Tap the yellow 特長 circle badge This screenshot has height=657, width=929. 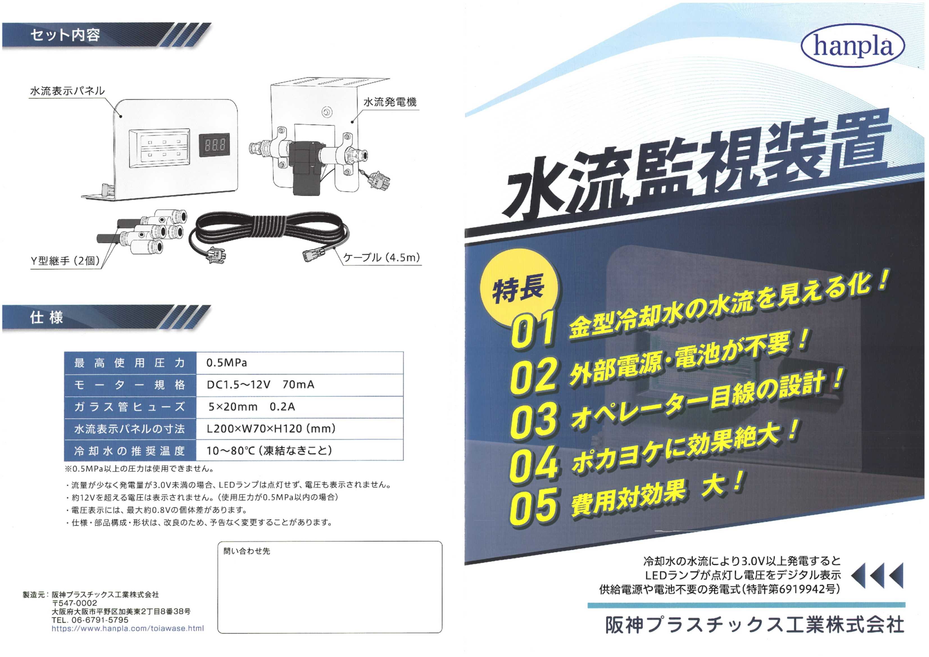click(519, 288)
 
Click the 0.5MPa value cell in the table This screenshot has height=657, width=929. click(299, 363)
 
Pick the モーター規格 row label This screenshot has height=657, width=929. click(130, 385)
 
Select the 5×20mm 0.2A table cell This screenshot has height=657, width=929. click(299, 407)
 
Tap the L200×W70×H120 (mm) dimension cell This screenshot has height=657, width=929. click(299, 429)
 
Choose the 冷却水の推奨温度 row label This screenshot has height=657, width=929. click(130, 450)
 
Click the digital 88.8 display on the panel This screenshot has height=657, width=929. click(214, 144)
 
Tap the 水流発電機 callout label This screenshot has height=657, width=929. click(390, 102)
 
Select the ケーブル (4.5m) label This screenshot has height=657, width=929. click(381, 257)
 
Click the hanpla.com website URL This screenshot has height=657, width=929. click(128, 628)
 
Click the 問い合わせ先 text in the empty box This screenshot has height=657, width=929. click(246, 551)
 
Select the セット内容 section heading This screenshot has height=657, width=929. click(65, 35)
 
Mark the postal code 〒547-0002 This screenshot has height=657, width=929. click(74, 603)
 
